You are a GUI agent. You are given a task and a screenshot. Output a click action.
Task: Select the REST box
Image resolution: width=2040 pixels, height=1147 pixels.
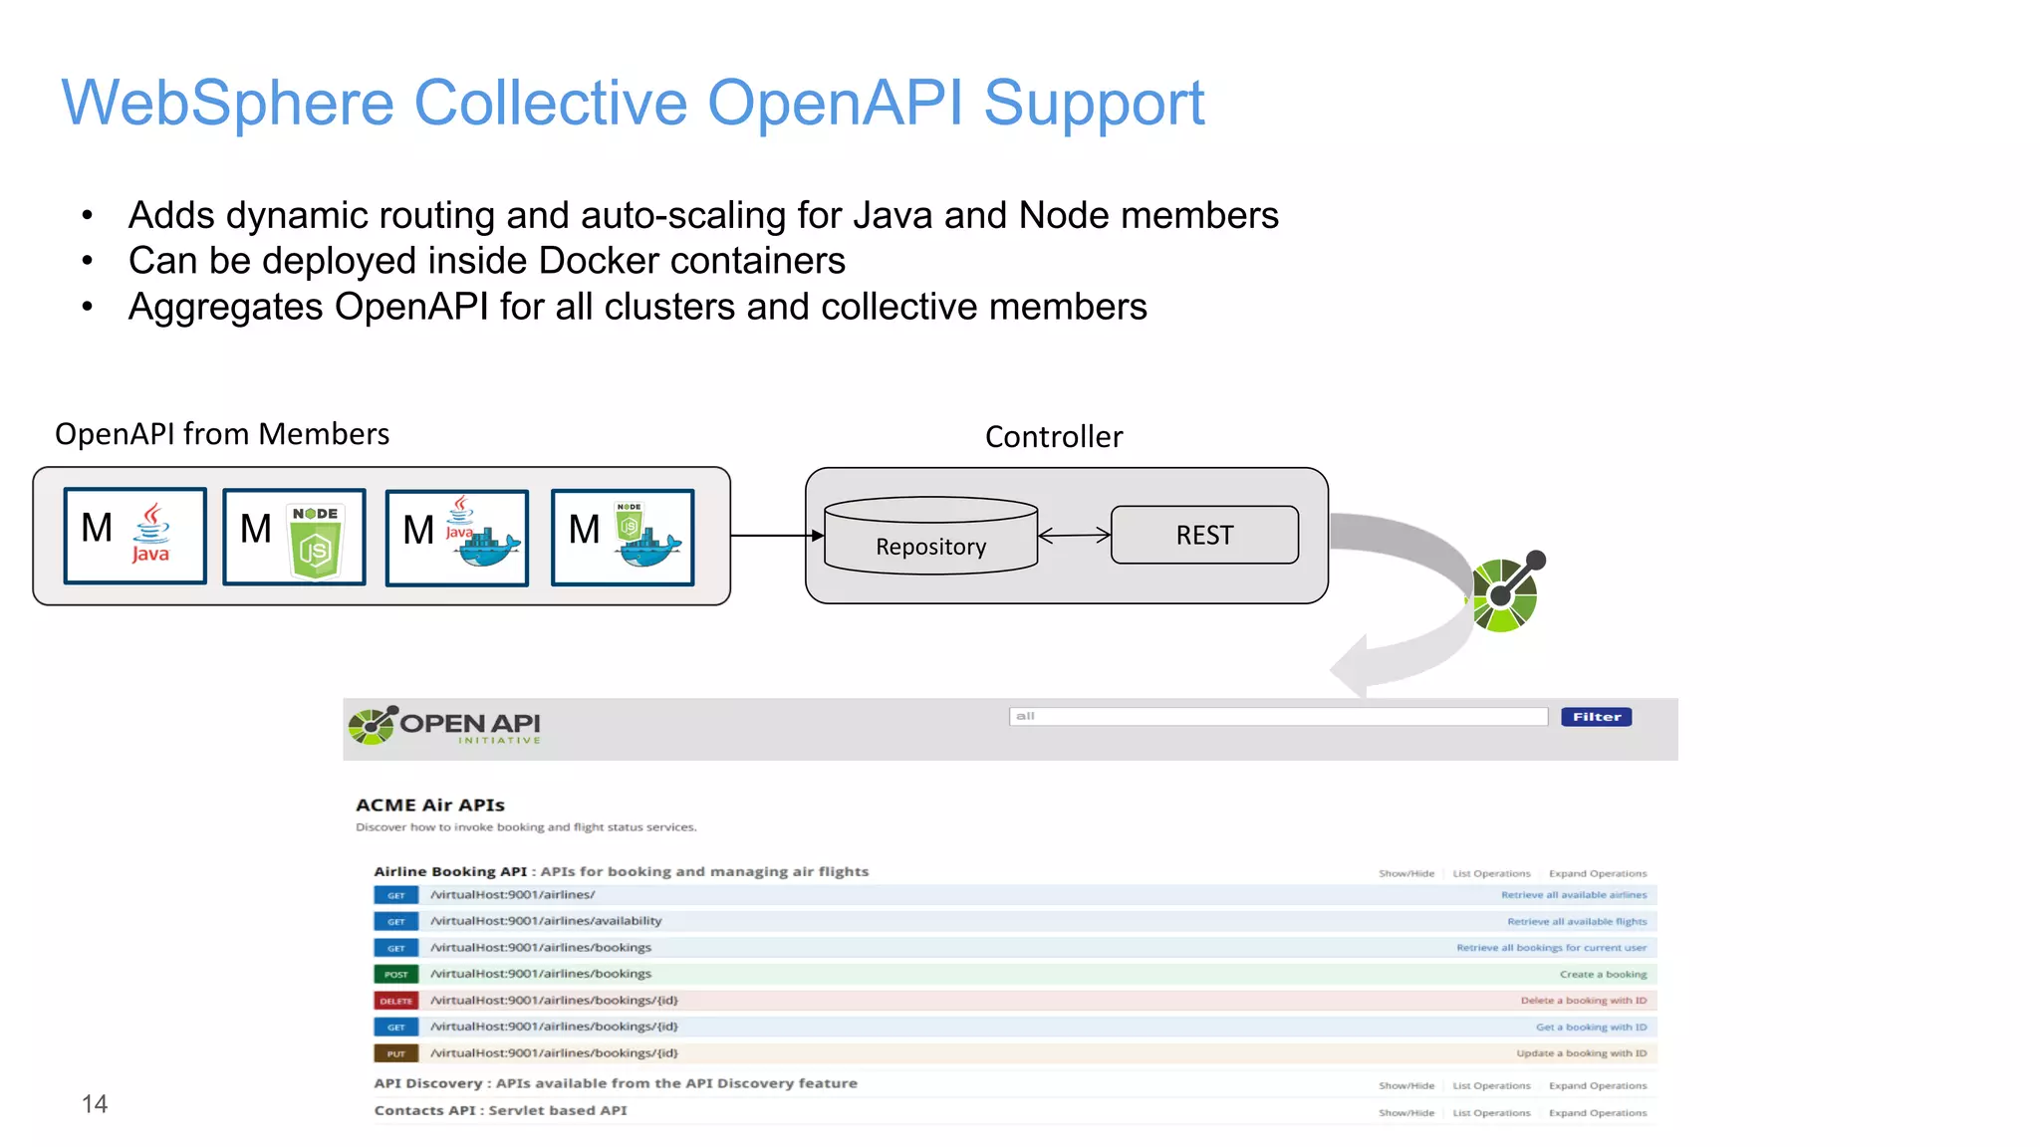[x=1204, y=536]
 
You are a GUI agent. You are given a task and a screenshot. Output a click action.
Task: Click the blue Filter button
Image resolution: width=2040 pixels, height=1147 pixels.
[x=1596, y=717]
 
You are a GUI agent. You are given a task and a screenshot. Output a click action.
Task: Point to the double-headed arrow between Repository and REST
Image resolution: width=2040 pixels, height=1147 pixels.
[x=1074, y=536]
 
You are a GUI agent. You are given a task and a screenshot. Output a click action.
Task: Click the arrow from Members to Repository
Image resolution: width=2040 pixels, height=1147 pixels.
[x=776, y=536]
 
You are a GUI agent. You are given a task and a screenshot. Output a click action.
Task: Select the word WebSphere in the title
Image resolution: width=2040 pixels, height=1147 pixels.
[x=227, y=103]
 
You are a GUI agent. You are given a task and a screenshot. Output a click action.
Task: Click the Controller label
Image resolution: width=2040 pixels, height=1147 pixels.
[x=1053, y=437]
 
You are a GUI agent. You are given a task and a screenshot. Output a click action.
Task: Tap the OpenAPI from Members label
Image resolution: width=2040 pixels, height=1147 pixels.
[x=221, y=434]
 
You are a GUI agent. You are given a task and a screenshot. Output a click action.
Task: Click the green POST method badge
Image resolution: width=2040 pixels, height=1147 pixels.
[x=395, y=975]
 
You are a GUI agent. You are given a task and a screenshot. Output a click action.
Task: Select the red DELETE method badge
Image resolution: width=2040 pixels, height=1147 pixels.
[x=395, y=1001]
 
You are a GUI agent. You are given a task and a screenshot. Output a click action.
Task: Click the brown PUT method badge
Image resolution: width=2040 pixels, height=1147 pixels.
[x=395, y=1053]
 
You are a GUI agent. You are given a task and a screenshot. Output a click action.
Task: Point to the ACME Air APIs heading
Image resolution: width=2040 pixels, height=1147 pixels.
[x=429, y=804]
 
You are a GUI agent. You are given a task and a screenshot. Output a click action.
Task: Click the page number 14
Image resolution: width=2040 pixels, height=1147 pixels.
[x=95, y=1103]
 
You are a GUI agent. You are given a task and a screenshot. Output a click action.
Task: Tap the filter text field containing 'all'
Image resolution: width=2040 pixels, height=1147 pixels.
[x=1277, y=717]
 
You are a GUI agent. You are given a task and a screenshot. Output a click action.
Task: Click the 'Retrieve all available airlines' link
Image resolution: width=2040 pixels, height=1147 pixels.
[x=1573, y=895]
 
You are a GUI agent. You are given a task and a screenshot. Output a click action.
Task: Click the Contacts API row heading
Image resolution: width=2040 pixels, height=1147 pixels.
[x=500, y=1110]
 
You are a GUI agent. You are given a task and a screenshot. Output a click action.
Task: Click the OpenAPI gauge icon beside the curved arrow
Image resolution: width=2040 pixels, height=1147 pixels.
[x=1505, y=593]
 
